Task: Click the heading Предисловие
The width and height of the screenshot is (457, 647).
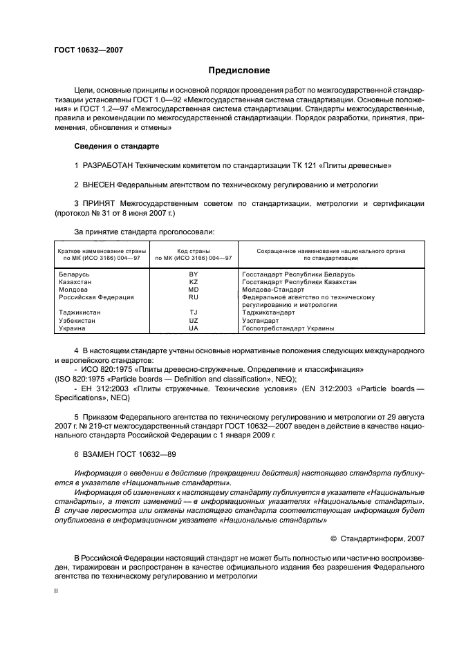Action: point(239,71)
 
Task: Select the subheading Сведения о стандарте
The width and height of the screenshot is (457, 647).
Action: point(116,147)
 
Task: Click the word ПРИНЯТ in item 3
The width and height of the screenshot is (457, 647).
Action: point(102,205)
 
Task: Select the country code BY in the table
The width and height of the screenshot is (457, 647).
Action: point(194,274)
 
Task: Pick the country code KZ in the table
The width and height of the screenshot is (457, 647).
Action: point(194,282)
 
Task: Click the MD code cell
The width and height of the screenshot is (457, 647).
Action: point(194,290)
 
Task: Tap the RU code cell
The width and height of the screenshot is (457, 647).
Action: point(194,297)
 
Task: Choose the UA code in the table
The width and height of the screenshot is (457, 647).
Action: point(194,328)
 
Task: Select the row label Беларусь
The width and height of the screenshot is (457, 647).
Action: point(75,274)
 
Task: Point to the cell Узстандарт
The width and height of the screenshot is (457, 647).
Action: point(261,321)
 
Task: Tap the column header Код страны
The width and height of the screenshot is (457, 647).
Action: point(194,250)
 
